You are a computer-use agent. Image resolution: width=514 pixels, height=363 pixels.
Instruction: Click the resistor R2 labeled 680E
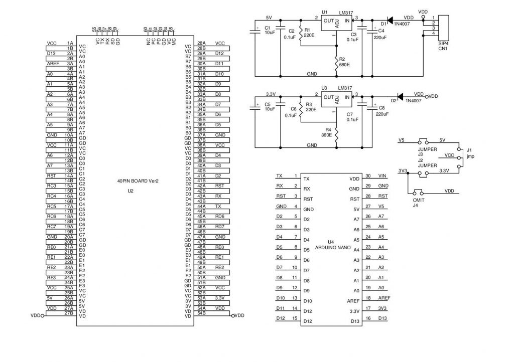coord(336,63)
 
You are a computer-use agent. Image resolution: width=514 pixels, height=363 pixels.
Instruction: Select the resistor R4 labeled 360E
coord(336,134)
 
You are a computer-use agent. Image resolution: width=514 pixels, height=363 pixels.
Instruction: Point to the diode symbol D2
coord(400,96)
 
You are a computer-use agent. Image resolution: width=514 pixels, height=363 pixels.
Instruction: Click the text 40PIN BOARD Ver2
coord(138,181)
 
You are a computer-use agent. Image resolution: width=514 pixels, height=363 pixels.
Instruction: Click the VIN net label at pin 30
coord(382,176)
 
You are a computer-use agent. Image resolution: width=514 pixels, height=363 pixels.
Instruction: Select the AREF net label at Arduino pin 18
coord(384,298)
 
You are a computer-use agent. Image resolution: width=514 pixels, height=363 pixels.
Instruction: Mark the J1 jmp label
coord(470,153)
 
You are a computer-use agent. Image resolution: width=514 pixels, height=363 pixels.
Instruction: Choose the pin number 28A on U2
coord(201,43)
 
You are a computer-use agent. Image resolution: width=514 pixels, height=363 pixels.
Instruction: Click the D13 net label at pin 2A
coord(51,53)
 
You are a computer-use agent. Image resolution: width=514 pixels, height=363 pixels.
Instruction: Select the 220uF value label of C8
coord(382,114)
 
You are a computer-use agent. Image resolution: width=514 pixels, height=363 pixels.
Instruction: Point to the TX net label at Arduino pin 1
coord(279,176)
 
